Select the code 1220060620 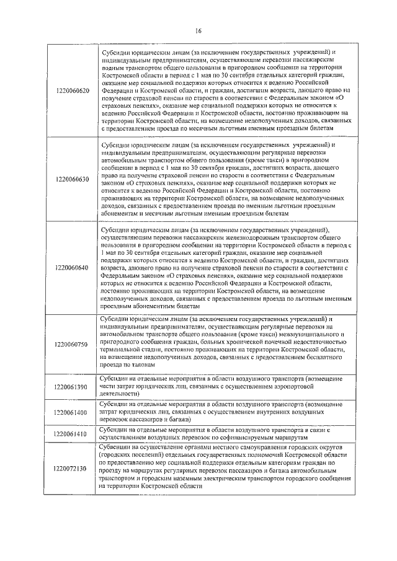click(x=72, y=91)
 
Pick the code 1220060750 click(x=72, y=343)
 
